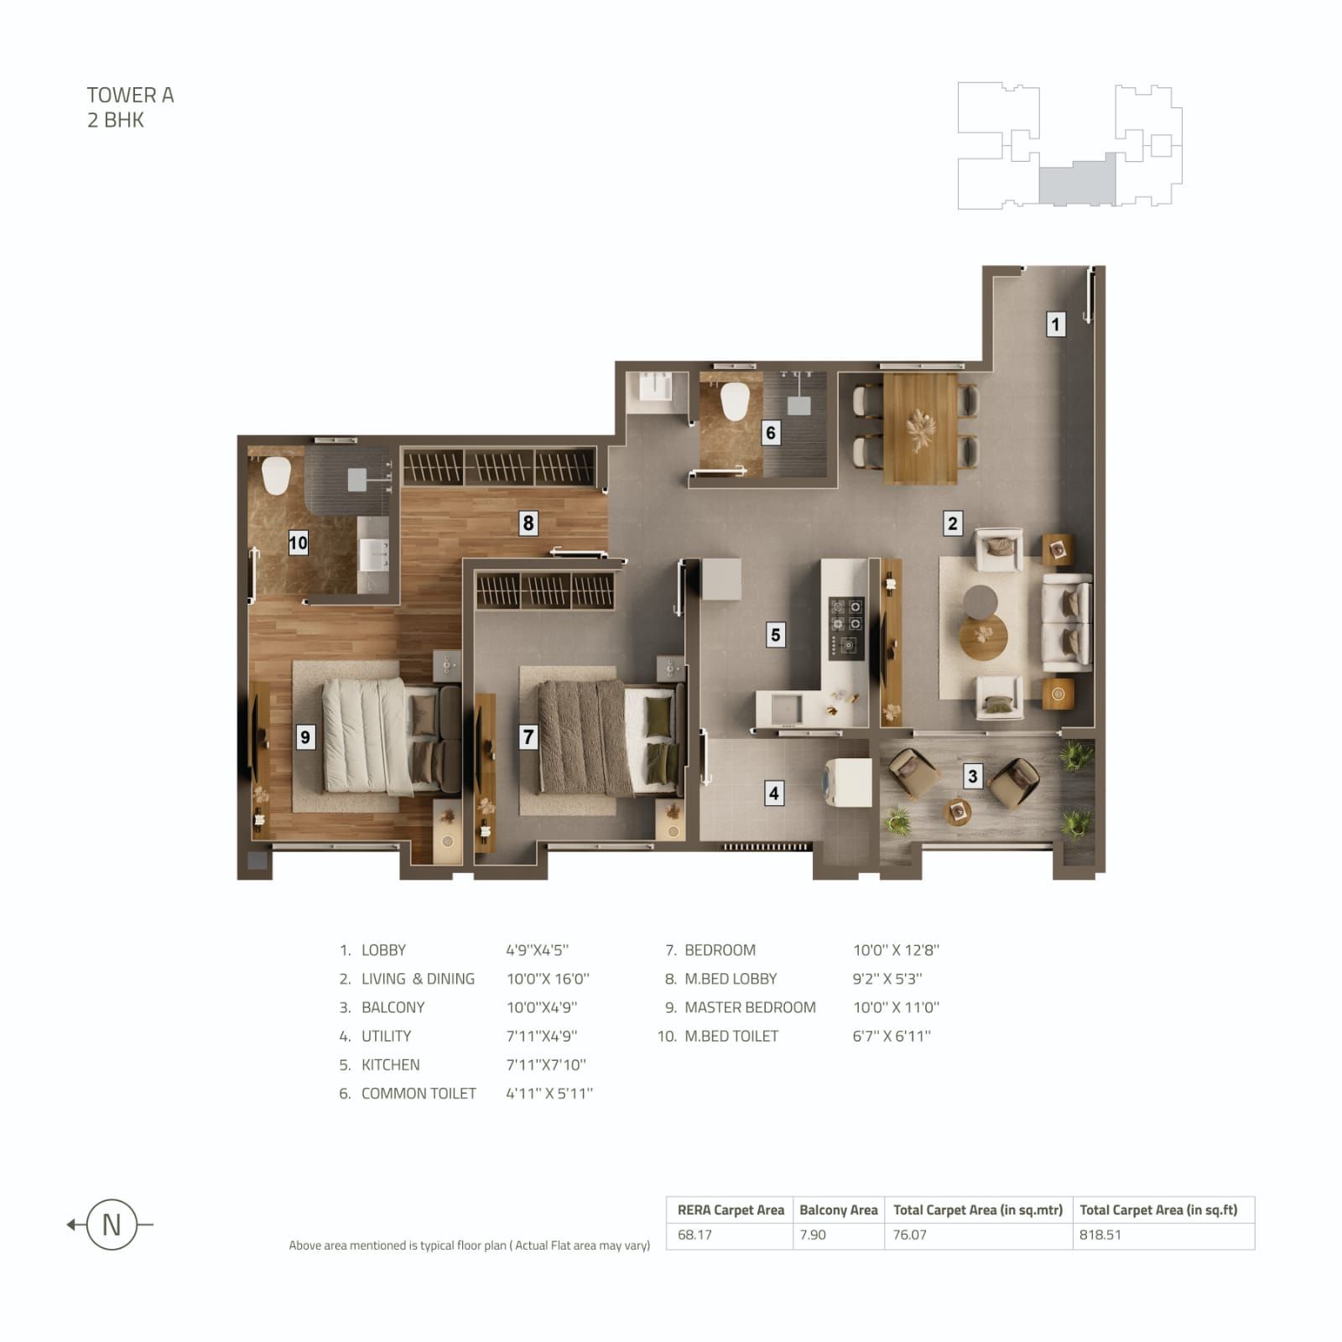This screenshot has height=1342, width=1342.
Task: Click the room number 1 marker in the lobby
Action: pos(1055,324)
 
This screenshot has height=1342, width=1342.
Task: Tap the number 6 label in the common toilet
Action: pos(771,433)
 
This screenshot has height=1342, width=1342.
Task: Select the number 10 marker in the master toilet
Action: pos(298,543)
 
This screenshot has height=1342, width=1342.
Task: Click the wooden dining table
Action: pos(920,429)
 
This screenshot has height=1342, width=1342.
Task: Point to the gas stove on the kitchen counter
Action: pos(846,626)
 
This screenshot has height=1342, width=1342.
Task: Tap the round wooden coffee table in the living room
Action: pos(983,637)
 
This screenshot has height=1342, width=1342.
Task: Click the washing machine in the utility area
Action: pos(849,783)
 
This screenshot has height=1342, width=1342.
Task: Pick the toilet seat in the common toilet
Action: pos(735,402)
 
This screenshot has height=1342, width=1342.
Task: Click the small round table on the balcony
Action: pos(958,811)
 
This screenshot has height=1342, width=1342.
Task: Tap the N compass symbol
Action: pos(111,1225)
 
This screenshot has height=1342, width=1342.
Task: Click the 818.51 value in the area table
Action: pos(1100,1235)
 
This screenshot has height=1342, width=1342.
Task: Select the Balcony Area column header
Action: pos(838,1209)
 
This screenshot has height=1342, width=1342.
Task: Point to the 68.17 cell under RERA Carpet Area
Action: pos(694,1235)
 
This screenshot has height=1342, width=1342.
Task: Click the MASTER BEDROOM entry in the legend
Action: pos(750,1007)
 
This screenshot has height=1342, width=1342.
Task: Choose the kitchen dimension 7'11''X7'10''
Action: pos(546,1064)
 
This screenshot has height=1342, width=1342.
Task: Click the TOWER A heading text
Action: pos(130,96)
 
